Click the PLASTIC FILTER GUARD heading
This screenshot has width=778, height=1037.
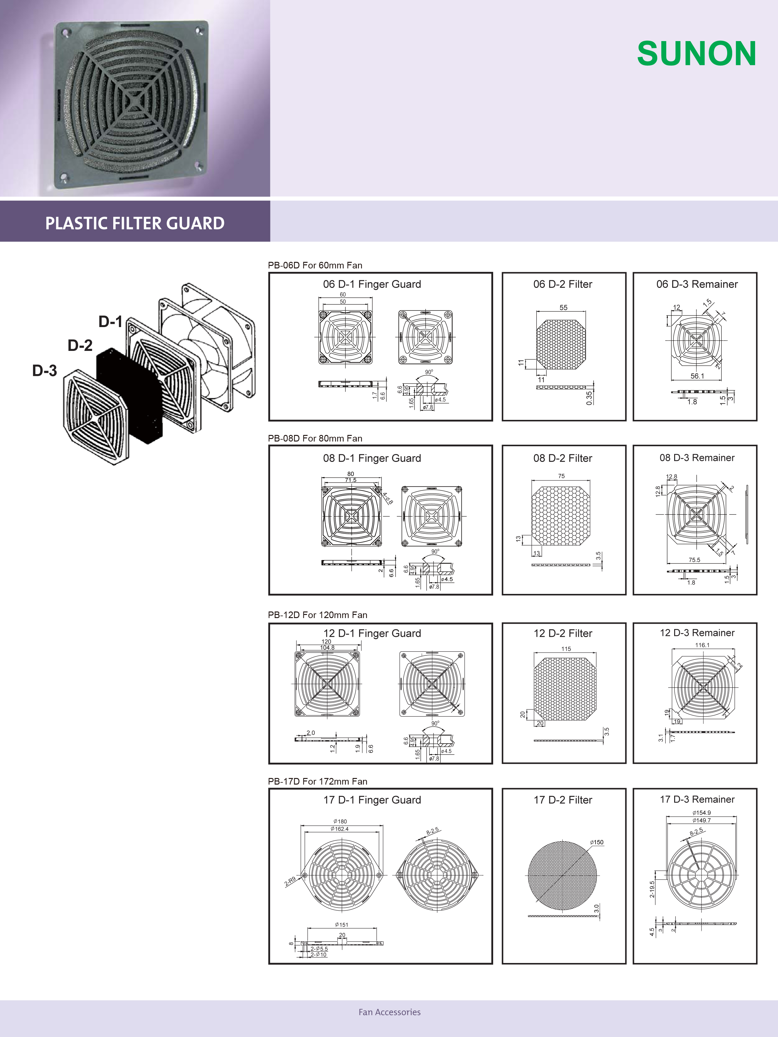135,223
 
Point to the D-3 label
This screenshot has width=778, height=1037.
45,371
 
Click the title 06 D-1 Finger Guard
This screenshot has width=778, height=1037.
372,284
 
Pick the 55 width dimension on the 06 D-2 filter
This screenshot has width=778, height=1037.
563,308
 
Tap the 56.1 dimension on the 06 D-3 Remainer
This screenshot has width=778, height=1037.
697,376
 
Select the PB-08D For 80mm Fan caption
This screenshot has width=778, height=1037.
315,438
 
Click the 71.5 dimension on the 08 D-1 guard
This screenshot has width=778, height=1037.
350,480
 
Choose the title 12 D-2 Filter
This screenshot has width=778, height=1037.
563,633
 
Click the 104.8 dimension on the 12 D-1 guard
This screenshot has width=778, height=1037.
327,648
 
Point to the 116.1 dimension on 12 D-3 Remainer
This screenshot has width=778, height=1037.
702,645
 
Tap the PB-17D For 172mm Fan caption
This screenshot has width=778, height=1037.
317,781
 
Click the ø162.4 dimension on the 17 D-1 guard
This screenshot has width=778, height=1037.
339,829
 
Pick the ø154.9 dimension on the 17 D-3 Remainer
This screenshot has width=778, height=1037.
701,812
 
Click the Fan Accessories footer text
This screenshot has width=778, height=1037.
389,1012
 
